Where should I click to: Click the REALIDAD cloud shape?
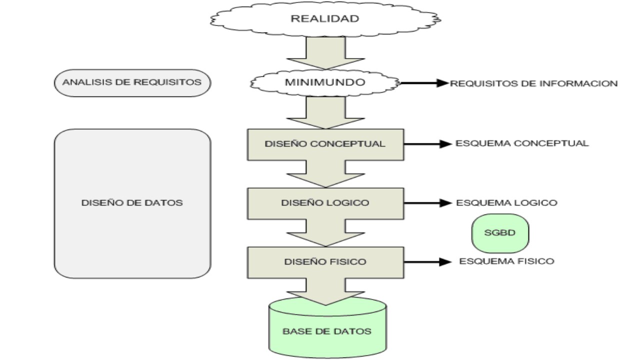point(325,19)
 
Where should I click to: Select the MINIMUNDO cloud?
point(325,83)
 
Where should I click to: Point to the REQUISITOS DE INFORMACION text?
point(533,83)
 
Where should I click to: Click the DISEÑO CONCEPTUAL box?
point(325,143)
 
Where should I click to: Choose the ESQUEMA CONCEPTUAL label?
point(522,143)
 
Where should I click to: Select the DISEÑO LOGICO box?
point(325,203)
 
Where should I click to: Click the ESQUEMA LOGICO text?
point(506,203)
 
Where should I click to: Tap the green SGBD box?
point(500,234)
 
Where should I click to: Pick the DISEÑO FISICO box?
point(325,261)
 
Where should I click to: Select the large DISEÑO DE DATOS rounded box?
point(132,203)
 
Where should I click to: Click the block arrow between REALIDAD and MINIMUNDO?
point(325,53)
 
